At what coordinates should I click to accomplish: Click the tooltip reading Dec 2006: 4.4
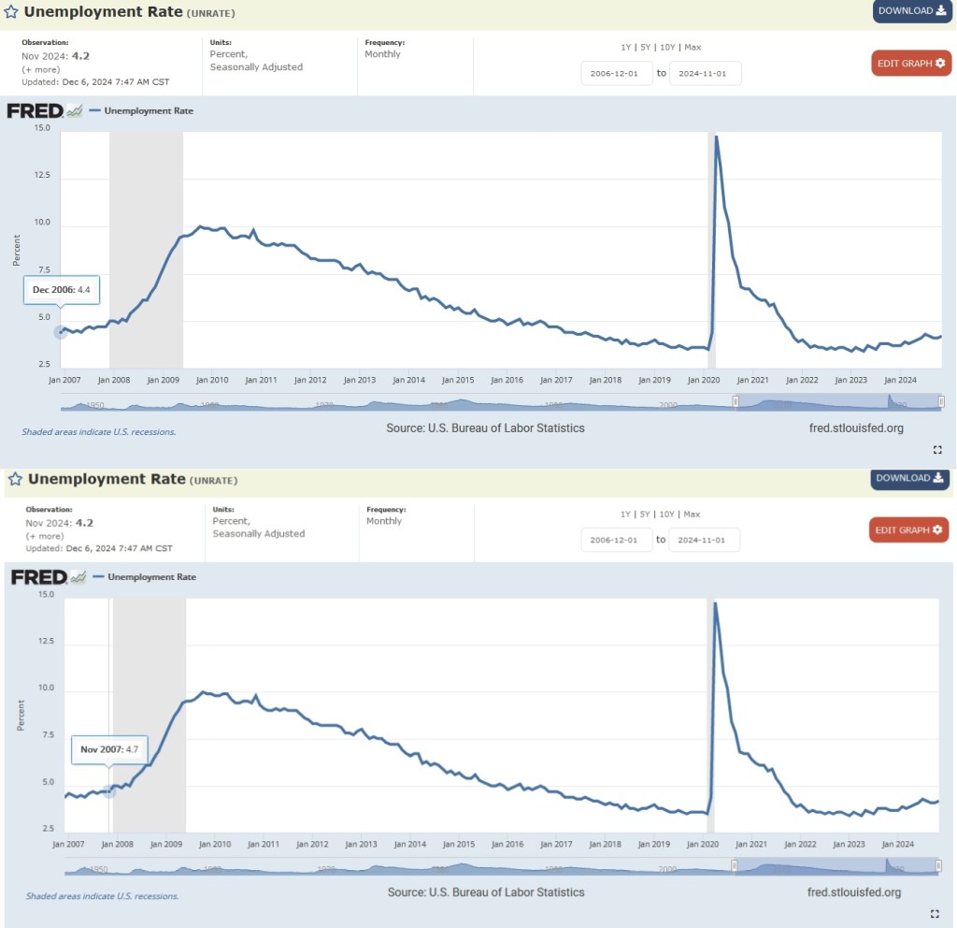coord(61,290)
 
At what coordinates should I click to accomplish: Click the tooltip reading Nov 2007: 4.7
coord(109,749)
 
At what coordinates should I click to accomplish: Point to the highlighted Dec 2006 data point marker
coord(61,331)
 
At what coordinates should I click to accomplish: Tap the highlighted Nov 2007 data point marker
coord(109,791)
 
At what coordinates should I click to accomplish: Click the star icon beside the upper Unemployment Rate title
coord(11,12)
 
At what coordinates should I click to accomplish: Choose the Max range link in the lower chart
coord(693,515)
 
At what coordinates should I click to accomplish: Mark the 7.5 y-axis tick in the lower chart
coord(45,735)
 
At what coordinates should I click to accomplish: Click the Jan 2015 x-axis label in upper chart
coord(458,380)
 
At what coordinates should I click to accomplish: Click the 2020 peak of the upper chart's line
coord(716,138)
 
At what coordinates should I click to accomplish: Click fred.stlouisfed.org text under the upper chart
coord(856,428)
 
